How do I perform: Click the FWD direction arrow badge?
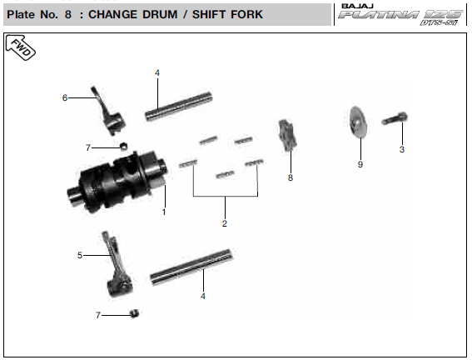[20, 47]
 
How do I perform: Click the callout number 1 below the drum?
[164, 212]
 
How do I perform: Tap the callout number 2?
[225, 223]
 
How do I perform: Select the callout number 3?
[402, 149]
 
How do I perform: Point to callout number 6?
[65, 97]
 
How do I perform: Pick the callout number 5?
[80, 255]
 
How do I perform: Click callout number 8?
[291, 177]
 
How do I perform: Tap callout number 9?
[360, 164]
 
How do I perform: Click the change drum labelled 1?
[117, 182]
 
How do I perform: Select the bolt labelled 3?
[395, 118]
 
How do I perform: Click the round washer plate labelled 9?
[358, 122]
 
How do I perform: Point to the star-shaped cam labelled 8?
[286, 135]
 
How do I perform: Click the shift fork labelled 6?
[107, 111]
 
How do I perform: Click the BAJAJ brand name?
[357, 6]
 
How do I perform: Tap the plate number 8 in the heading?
[68, 14]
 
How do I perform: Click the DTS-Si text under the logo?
[438, 22]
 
